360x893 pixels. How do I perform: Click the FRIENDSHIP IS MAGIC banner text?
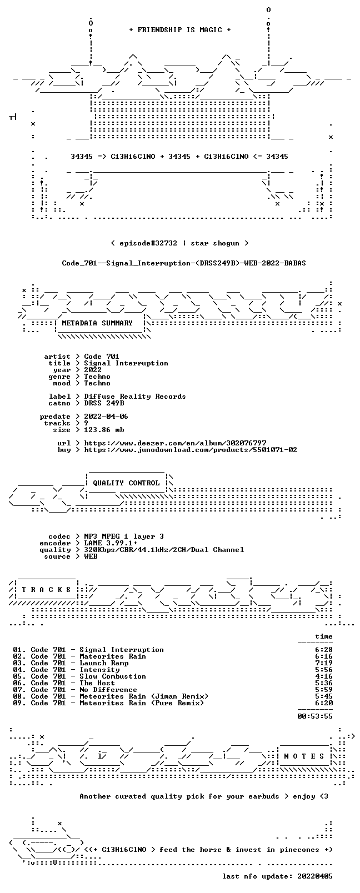coord(180,30)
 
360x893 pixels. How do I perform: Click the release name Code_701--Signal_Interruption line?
coord(184,263)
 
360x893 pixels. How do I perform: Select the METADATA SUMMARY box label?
coord(97,323)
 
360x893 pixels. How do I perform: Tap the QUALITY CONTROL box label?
coord(126,483)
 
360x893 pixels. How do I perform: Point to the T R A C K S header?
coord(46,590)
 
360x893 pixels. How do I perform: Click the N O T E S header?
coord(304,756)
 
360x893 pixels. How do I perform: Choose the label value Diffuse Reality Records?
coord(135,397)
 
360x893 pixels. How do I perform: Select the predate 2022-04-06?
coord(106,417)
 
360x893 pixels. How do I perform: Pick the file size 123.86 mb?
coord(104,430)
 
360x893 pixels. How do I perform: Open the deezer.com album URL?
coord(175,443)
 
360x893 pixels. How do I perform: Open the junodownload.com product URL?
coord(191,450)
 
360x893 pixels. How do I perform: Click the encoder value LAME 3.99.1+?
coord(111,543)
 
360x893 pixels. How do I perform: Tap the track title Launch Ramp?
coord(104,663)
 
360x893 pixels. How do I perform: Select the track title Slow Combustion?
coord(113,676)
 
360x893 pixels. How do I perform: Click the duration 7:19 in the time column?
coord(324,663)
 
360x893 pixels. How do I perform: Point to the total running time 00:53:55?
coord(315,716)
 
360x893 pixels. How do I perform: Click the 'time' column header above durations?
coord(324,636)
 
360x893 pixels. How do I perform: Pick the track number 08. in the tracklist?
coord(19,696)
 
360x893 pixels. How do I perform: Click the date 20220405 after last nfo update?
coord(315,876)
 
